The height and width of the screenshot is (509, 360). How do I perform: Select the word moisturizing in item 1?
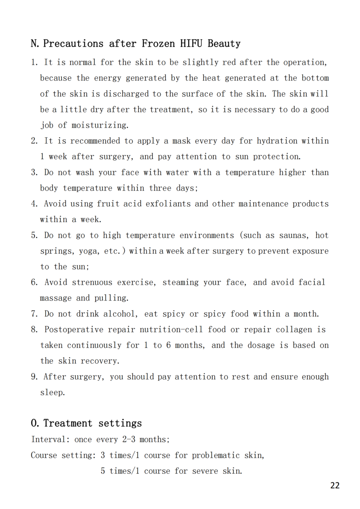click(x=100, y=125)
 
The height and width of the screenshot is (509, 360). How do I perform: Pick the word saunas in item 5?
click(x=292, y=235)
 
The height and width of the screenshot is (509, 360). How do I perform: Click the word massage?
click(x=56, y=298)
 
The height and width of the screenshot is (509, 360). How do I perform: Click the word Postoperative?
click(x=74, y=329)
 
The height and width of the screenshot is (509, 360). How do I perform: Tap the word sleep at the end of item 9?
click(x=52, y=393)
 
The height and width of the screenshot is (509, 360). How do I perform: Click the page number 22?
click(x=335, y=486)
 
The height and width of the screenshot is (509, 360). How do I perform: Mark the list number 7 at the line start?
click(x=34, y=314)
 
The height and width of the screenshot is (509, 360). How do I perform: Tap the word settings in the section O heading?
click(x=120, y=423)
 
